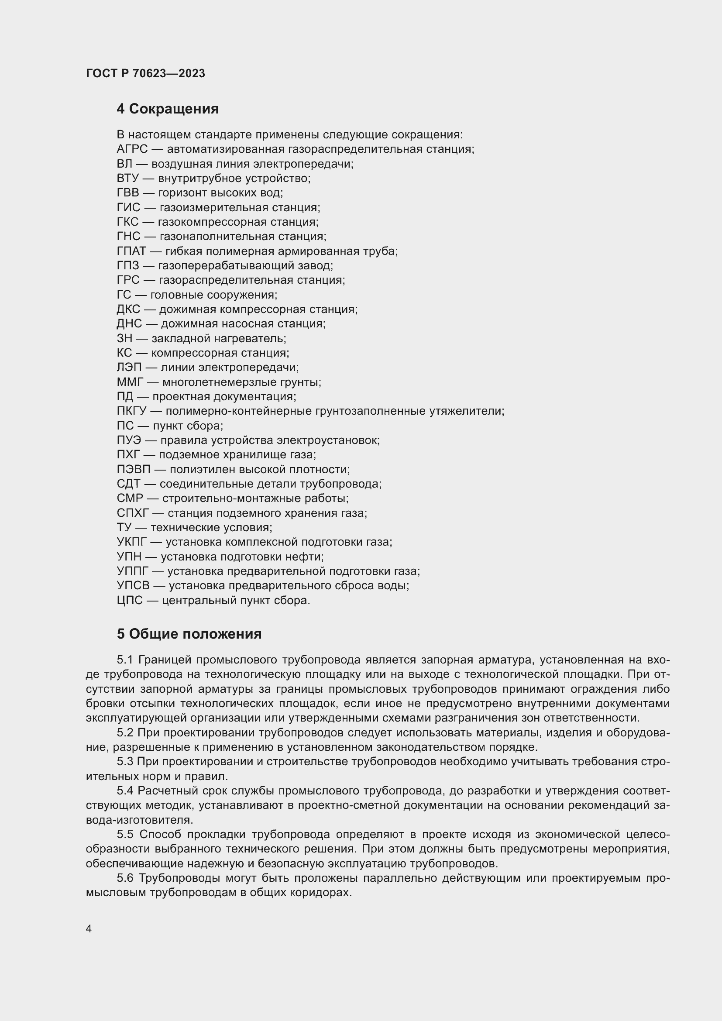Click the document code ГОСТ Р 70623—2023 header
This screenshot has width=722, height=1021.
coord(145,73)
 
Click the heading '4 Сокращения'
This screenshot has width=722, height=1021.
coord(168,109)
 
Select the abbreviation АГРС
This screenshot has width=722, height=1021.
coord(132,149)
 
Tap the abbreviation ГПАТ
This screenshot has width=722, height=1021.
coord(131,251)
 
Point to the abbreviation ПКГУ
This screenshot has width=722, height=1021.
coord(131,411)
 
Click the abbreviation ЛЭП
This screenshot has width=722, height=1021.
coord(128,367)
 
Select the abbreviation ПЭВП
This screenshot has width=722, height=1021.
coord(134,470)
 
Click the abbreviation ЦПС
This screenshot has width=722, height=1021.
coord(130,600)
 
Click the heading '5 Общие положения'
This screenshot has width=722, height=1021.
coord(189,634)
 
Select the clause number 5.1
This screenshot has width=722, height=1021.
coord(125,660)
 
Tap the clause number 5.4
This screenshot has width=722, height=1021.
coord(125,791)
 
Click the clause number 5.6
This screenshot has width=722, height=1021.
coord(125,878)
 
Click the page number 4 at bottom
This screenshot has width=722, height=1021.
coord(89,929)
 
